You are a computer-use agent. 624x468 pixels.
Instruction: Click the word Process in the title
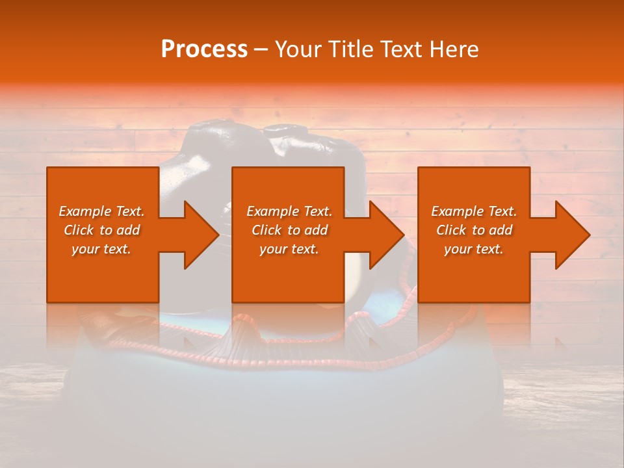coord(204,49)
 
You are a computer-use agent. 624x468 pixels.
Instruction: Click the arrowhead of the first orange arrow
coord(201,235)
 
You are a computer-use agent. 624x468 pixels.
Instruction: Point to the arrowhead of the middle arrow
coord(386,235)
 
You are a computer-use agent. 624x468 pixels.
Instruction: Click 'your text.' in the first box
coord(101,249)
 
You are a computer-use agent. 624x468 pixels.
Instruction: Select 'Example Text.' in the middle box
coord(289,211)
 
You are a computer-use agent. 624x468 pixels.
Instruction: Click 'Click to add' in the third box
coord(474,230)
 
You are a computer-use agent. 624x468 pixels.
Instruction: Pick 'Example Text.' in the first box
coord(101,211)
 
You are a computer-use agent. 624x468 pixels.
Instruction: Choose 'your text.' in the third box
coord(474,249)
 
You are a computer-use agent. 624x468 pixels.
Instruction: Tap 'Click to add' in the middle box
coord(289,230)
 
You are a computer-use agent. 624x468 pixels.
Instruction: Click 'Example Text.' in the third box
coord(474,211)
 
